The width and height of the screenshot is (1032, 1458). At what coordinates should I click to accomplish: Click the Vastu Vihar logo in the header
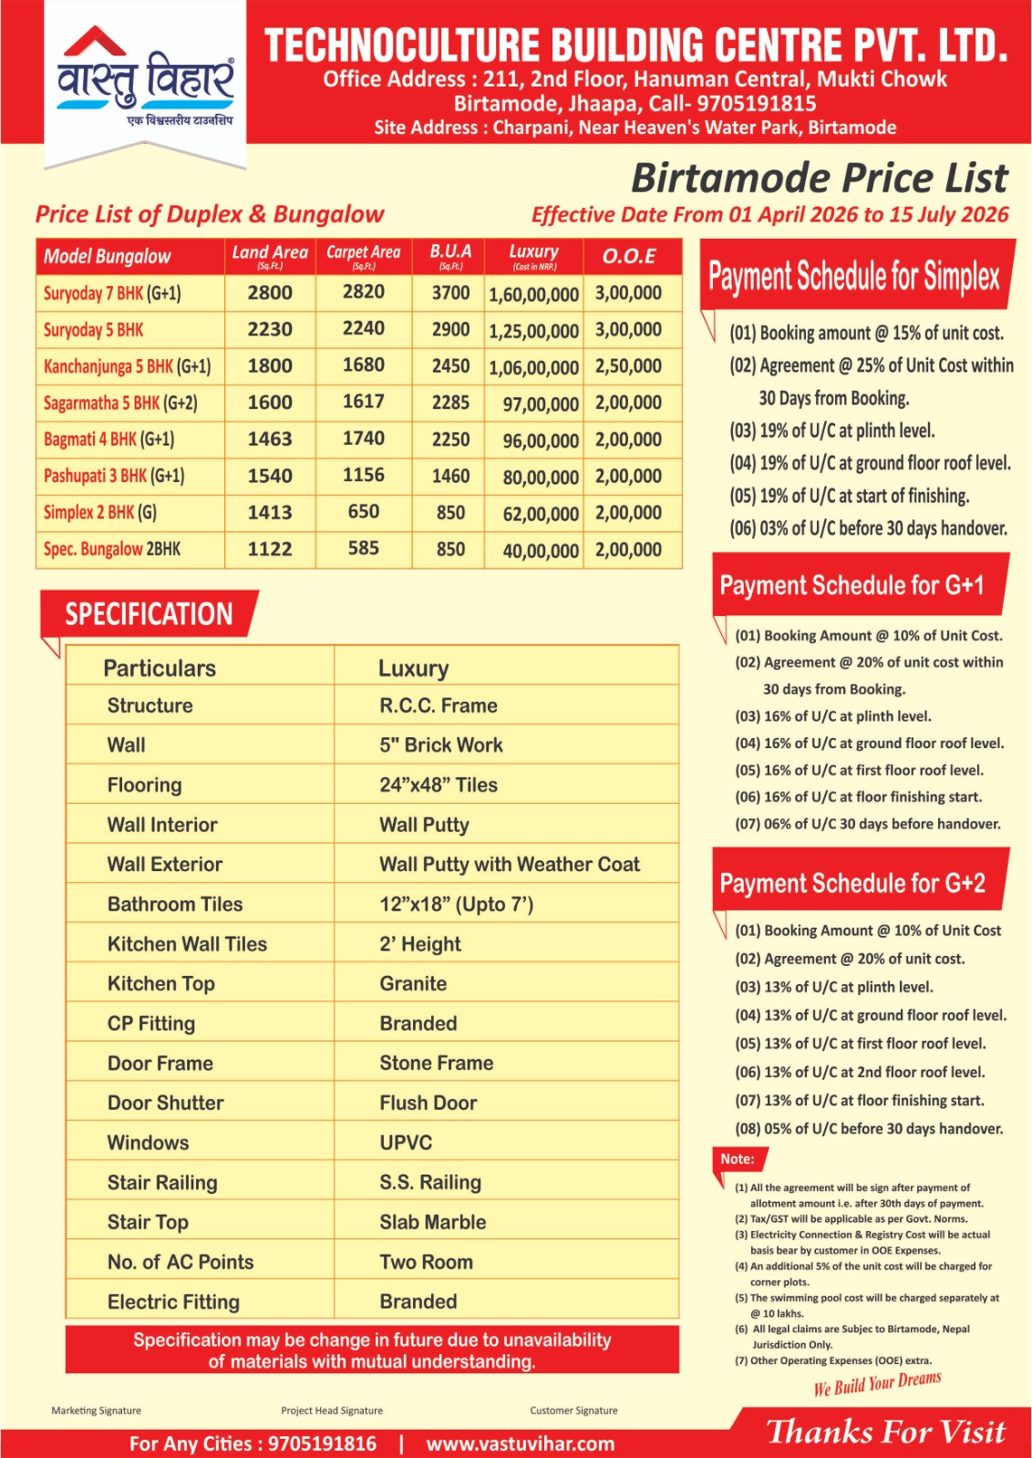tap(145, 79)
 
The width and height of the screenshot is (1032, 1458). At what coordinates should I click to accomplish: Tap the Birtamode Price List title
tap(820, 179)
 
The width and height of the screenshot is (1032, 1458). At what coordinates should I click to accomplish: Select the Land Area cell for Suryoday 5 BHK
tap(270, 330)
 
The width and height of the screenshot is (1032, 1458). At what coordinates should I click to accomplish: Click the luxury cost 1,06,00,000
tap(533, 367)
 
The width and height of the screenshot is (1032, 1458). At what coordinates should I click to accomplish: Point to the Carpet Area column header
tap(363, 255)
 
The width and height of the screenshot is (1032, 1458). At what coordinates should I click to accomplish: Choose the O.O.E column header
tap(629, 256)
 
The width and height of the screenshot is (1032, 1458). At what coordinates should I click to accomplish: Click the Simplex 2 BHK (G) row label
tap(100, 512)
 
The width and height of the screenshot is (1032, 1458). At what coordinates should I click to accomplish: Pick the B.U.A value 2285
tap(450, 403)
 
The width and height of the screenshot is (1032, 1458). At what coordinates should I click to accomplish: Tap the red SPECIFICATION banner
tap(149, 614)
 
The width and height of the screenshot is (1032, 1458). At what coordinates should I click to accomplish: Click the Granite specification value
tap(413, 984)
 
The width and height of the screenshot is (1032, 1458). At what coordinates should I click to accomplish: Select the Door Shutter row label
tap(165, 1103)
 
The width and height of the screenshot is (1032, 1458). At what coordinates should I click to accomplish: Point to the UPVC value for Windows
tap(406, 1143)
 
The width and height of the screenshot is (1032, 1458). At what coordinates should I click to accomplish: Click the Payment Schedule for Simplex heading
tap(854, 275)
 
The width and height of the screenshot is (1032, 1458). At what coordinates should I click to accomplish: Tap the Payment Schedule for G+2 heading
tap(852, 883)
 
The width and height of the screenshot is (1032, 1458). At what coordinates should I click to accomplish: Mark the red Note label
tap(738, 1159)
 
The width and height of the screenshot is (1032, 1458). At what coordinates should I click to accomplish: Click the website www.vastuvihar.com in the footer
tap(520, 1443)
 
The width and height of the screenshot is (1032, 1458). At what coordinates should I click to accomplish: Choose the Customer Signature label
tap(573, 1411)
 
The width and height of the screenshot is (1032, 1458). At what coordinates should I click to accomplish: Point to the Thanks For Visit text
tap(885, 1432)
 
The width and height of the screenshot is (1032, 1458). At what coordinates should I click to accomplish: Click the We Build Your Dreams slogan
tap(877, 1383)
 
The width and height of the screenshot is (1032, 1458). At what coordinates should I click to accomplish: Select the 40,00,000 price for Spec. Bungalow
tap(541, 550)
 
